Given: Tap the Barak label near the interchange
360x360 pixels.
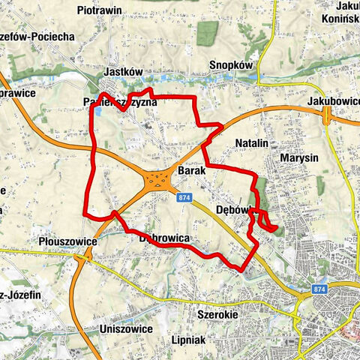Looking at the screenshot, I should [x=193, y=171].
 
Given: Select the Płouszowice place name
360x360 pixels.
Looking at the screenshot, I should [x=66, y=242].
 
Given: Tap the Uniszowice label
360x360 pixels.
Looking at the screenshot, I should [x=126, y=328].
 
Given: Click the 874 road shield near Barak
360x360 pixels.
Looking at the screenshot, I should [x=186, y=196].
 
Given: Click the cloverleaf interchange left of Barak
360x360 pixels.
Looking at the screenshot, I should [x=157, y=179].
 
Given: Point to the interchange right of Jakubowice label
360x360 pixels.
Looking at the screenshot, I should [x=327, y=115].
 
